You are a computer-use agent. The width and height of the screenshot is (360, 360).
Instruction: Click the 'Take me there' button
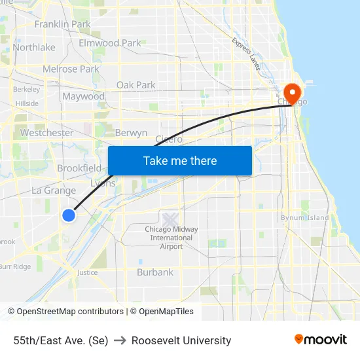(x=180, y=160)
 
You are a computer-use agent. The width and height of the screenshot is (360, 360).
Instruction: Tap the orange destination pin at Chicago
(x=292, y=92)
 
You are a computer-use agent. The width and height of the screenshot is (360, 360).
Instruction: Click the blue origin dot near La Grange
(x=69, y=215)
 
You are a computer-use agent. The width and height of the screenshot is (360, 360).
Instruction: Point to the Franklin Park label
(x=62, y=24)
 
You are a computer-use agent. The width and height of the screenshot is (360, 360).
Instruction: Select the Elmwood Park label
(x=109, y=43)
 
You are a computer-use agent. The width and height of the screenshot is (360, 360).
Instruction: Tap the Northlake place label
(x=34, y=47)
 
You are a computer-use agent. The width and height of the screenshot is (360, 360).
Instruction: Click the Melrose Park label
(x=71, y=69)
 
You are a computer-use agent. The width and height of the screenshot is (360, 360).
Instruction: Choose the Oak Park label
(x=135, y=85)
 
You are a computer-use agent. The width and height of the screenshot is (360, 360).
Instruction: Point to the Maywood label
(x=83, y=97)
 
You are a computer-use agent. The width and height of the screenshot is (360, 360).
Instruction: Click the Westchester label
(x=46, y=133)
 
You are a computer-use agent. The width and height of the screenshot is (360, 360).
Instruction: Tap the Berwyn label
(x=131, y=133)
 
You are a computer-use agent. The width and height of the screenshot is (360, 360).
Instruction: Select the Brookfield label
(x=79, y=168)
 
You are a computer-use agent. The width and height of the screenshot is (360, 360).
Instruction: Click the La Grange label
(x=54, y=190)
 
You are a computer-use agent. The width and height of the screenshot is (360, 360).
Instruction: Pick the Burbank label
(x=155, y=272)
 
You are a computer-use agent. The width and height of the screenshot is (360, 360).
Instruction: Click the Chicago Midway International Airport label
(x=171, y=238)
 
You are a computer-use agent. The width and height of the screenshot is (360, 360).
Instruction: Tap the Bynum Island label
(x=304, y=217)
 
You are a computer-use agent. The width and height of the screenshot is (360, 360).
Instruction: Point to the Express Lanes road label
(x=246, y=53)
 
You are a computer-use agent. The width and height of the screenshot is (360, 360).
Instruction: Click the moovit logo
(x=321, y=340)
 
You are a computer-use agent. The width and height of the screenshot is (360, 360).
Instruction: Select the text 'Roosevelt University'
(x=181, y=340)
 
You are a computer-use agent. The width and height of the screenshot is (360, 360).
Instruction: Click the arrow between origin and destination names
(x=120, y=340)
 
